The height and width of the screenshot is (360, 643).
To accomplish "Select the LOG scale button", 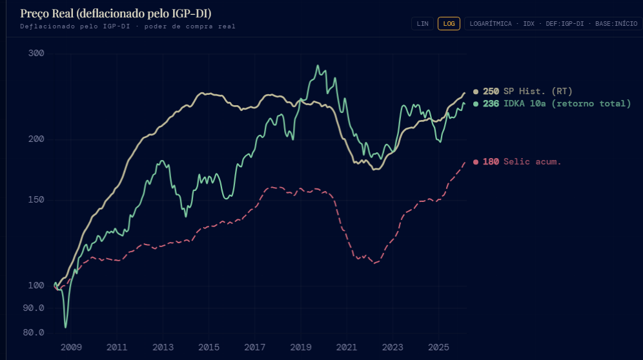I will point(449,23).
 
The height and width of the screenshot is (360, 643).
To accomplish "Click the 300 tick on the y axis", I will point(36,53).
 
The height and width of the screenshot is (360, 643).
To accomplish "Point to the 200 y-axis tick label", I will point(36,139).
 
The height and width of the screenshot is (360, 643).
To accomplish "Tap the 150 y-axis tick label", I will point(36,199).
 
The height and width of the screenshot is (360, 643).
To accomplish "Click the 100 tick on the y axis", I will point(36,285).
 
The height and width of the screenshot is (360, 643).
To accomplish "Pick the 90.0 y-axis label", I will point(34,308).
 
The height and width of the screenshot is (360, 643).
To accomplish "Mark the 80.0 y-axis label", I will point(34,332).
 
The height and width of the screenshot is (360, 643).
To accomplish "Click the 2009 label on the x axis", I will point(71,347).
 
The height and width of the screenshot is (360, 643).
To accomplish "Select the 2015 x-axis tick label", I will point(209,347).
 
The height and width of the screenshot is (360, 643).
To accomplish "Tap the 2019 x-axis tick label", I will point(301,347).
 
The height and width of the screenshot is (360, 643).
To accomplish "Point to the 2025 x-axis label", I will point(439,347).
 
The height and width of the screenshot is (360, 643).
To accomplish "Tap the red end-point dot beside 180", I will point(476,162).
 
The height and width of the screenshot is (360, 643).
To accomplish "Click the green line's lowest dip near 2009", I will point(65,326).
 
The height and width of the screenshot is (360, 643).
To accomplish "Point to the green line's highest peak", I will point(317,66).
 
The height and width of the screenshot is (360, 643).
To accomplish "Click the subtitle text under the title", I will point(127,26).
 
